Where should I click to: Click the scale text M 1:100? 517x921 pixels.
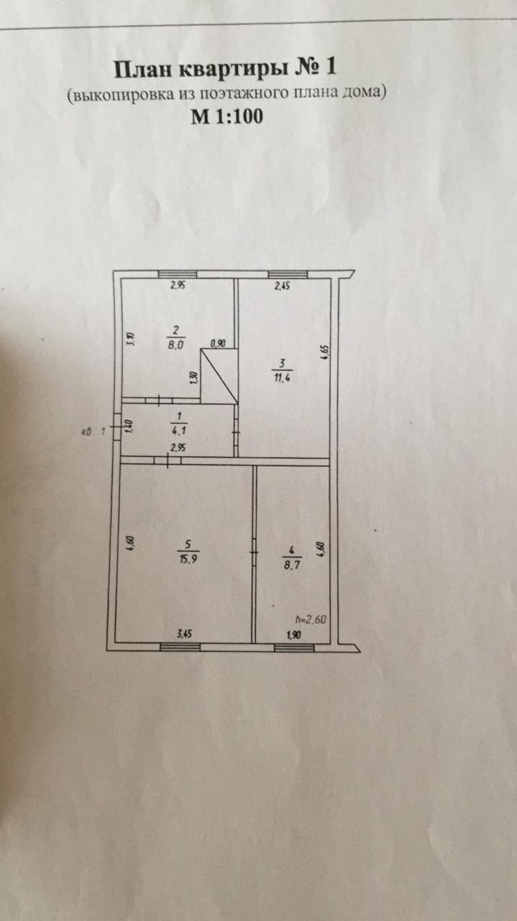(227, 116)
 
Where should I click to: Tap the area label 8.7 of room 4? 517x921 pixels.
(293, 558)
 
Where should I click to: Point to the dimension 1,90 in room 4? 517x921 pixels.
(293, 634)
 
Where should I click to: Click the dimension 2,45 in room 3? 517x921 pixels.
(281, 286)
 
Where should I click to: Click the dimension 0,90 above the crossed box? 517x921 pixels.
(218, 343)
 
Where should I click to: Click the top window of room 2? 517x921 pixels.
(178, 274)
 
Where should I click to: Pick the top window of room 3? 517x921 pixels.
(288, 274)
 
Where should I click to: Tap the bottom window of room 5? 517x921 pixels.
(180, 647)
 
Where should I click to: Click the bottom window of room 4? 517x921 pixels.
(294, 647)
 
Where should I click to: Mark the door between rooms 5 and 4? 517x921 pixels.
(255, 552)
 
